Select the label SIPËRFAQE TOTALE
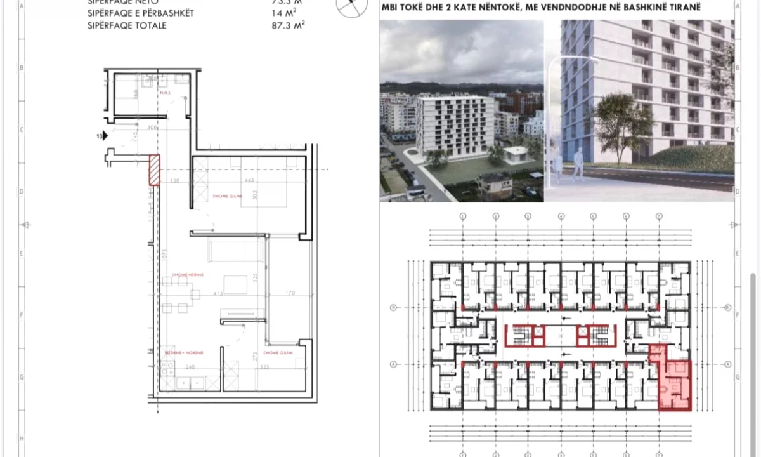pyautogui.click(x=127, y=25)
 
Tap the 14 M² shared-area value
pyautogui.click(x=283, y=13)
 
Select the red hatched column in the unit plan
pyautogui.click(x=154, y=170)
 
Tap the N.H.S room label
pyautogui.click(x=166, y=93)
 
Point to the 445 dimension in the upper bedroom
pyautogui.click(x=249, y=181)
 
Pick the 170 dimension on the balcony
pyautogui.click(x=290, y=293)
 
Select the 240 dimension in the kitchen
pyautogui.click(x=190, y=367)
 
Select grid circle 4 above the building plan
pyautogui.click(x=561, y=216)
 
